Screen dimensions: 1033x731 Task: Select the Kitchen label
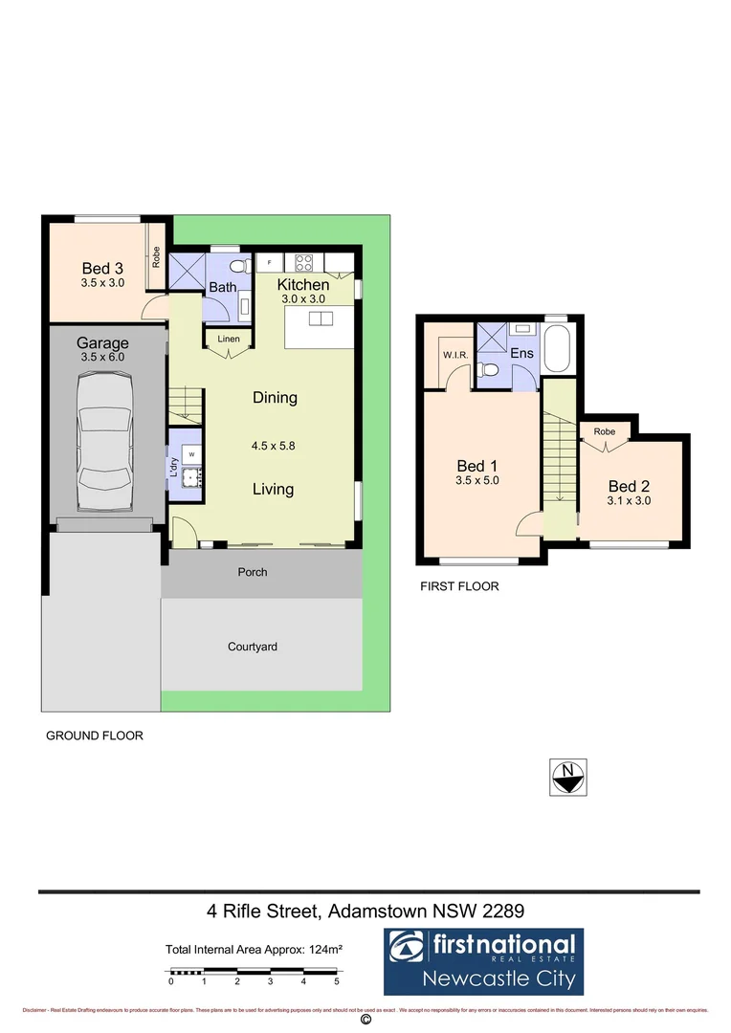(x=303, y=285)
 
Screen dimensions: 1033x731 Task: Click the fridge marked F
(x=270, y=261)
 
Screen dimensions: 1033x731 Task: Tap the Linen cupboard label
(x=229, y=340)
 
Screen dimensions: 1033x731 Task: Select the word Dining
(x=275, y=398)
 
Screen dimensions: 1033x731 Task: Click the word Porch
(x=253, y=572)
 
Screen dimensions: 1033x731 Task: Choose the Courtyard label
(x=253, y=647)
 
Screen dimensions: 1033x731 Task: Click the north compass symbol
(x=568, y=777)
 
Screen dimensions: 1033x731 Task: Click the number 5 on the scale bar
(x=337, y=981)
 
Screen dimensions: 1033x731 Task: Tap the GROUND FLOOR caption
(x=95, y=736)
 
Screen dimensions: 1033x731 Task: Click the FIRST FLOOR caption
(x=459, y=586)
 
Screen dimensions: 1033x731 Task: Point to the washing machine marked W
(x=191, y=453)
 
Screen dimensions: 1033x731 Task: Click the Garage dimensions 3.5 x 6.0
(x=103, y=357)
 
